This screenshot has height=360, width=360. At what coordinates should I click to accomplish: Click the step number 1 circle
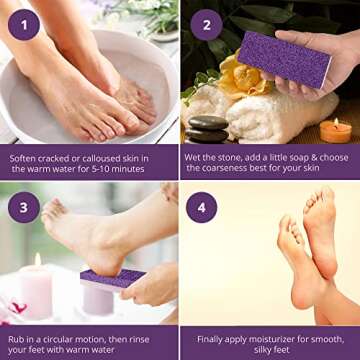25,22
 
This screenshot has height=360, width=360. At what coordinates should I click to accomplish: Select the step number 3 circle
25,208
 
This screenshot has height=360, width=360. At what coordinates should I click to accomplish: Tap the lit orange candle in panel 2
336,129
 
